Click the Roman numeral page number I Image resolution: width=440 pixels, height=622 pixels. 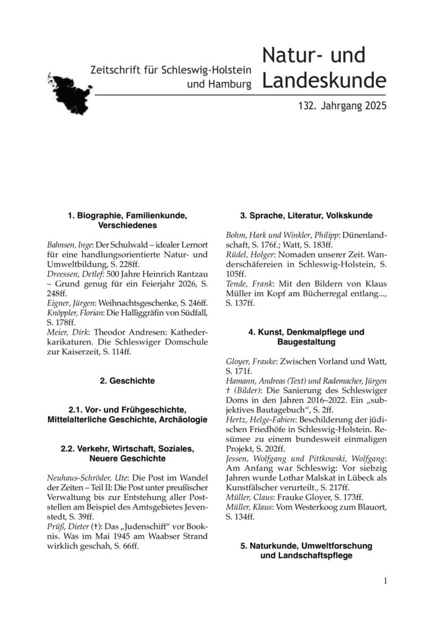point(385,581)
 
